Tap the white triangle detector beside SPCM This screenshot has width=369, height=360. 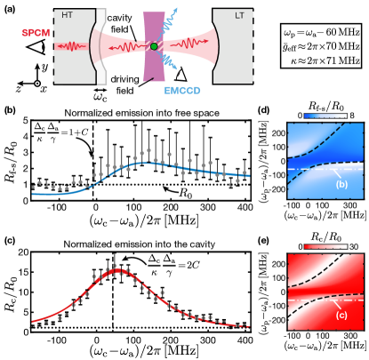(x=36, y=47)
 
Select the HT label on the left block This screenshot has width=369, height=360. (x=68, y=15)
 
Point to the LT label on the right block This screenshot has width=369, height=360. (x=238, y=15)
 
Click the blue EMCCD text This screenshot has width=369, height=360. (x=182, y=91)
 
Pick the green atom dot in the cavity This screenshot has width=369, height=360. (x=154, y=46)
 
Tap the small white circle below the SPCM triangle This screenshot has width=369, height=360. (x=37, y=84)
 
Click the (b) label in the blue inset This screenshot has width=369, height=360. (x=341, y=184)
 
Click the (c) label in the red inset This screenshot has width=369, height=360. (x=341, y=315)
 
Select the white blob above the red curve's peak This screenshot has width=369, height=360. (x=134, y=261)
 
